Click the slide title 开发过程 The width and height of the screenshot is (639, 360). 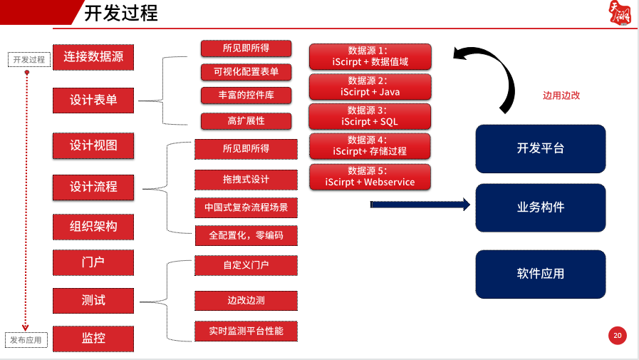120,14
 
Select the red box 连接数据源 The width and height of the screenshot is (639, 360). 93,56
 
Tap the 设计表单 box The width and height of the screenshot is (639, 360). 93,100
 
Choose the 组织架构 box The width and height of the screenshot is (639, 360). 93,227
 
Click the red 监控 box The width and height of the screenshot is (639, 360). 93,338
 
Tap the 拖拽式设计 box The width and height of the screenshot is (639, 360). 246,179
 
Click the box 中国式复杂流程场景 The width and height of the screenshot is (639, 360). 246,208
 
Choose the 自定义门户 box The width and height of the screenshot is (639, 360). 246,265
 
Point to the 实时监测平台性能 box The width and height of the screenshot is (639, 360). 246,331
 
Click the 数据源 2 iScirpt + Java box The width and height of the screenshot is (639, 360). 370,86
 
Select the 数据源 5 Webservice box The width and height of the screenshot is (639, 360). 370,176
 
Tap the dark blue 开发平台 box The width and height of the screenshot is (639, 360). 540,148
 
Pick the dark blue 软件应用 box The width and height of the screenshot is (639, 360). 540,274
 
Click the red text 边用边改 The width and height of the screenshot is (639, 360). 561,95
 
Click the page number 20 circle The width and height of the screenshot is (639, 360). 617,336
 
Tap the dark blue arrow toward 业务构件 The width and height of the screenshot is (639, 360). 420,205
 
